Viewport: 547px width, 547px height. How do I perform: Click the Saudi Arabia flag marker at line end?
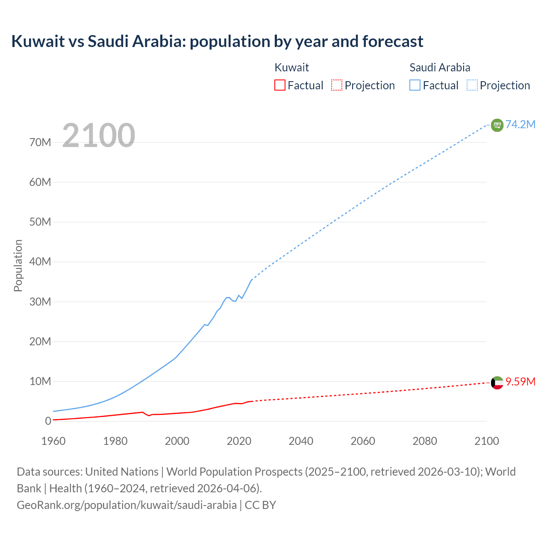point(497,125)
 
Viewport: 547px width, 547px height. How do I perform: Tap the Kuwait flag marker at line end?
point(497,383)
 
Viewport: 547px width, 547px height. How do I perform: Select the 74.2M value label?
point(520,124)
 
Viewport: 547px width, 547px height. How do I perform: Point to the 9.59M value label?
point(520,382)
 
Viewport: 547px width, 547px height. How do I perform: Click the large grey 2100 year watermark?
point(99,135)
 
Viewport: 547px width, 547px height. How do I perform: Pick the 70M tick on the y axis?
point(40,142)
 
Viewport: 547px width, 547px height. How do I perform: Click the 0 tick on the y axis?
point(48,421)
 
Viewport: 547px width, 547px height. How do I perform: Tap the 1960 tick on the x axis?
point(53,441)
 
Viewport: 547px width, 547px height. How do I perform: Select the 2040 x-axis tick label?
point(301,441)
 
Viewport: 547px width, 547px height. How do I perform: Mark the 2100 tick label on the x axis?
point(486,441)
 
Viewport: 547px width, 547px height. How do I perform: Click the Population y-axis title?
point(18,265)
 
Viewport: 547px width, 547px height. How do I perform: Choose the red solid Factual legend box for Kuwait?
point(280,85)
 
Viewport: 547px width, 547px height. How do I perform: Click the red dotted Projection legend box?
point(337,85)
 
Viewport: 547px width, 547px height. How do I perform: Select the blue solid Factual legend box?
point(415,85)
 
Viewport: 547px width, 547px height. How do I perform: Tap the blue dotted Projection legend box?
point(472,85)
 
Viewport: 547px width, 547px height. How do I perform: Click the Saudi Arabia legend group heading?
point(440,68)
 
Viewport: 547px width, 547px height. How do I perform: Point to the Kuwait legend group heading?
point(291,68)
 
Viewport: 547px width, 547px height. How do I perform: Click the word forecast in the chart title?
point(393,41)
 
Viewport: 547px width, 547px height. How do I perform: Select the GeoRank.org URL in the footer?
point(126,505)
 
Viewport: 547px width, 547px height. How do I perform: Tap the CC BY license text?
point(260,505)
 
